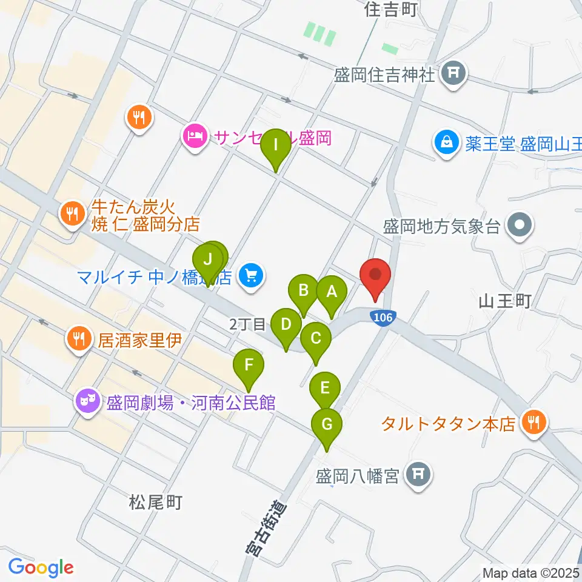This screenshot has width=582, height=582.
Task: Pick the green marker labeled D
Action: [286, 325]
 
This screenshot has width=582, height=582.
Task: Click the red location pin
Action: [376, 276]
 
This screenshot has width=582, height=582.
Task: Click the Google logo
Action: [41, 567]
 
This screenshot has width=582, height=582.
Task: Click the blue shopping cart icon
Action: [249, 277]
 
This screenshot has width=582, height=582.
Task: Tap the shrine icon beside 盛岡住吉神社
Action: [452, 75]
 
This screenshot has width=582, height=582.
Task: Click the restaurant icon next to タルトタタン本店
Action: [534, 423]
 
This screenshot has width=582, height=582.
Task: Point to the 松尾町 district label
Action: [156, 502]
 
